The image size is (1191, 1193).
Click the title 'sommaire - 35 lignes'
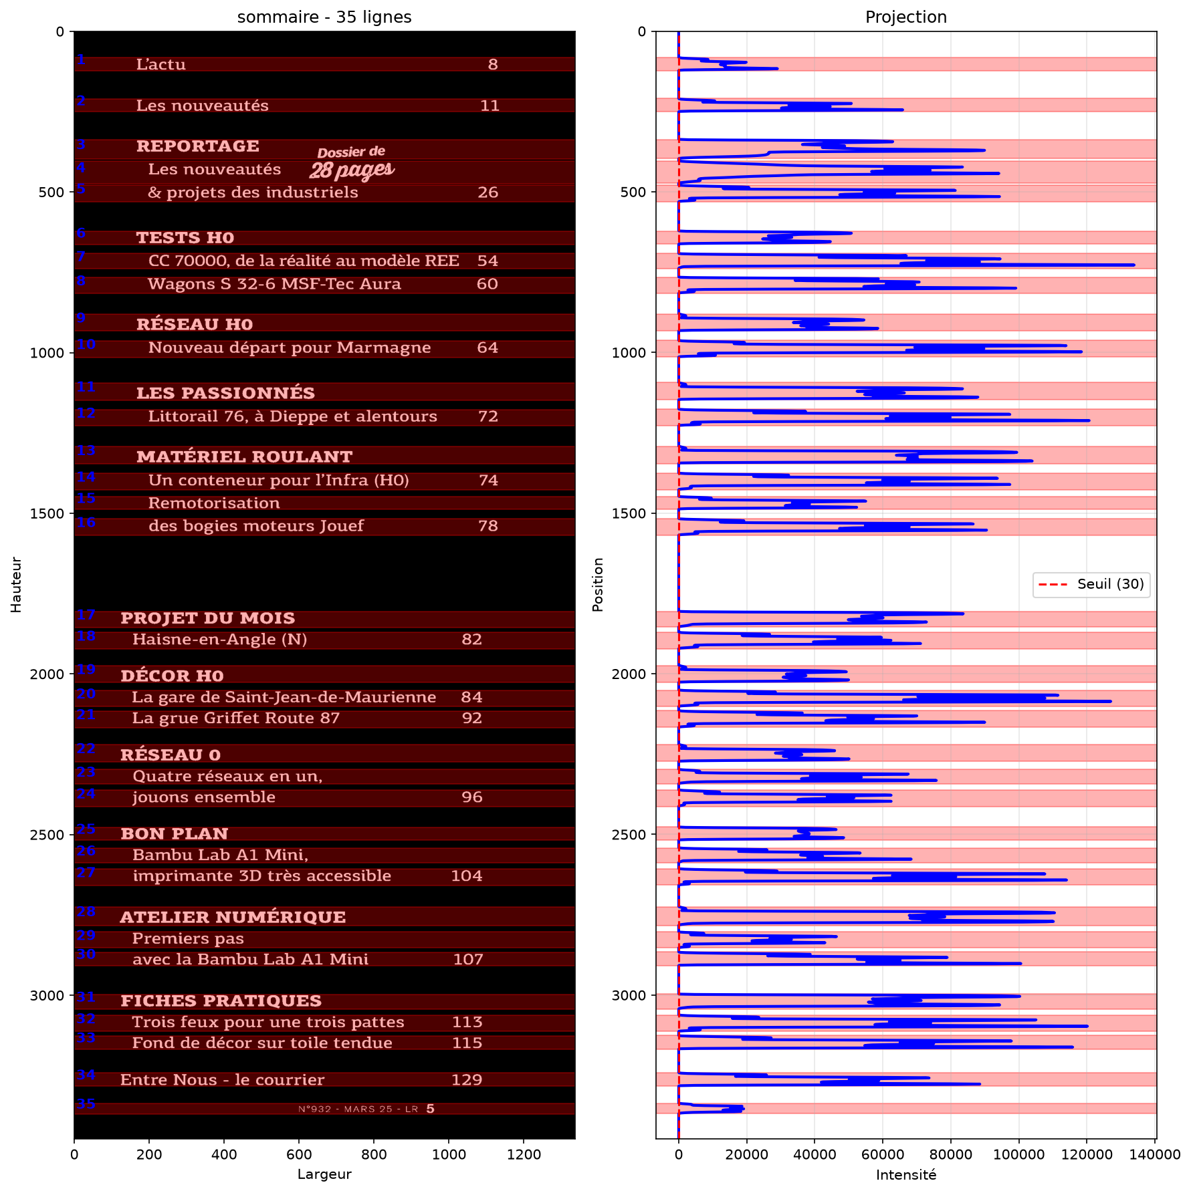[x=324, y=17]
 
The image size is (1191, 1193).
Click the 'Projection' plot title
[x=906, y=17]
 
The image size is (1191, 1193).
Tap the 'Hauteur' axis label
[x=17, y=585]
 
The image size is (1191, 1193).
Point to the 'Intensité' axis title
[x=906, y=1175]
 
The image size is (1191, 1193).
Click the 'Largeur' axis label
[x=324, y=1174]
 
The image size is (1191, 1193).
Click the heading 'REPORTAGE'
[x=198, y=146]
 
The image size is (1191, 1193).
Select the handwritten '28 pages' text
[x=352, y=170]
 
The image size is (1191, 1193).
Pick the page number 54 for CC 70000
[x=488, y=261]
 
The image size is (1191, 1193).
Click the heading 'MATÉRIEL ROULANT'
[x=244, y=456]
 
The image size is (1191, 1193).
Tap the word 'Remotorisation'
[x=214, y=503]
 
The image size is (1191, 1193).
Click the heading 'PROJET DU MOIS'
[x=207, y=618]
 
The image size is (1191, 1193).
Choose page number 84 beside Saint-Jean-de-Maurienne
[x=471, y=697]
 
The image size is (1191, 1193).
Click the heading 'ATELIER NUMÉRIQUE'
[x=233, y=917]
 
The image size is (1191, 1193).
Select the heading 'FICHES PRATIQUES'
[x=221, y=1001]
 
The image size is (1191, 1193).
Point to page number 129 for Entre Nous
[x=467, y=1079]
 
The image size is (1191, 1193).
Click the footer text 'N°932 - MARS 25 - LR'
[x=358, y=1109]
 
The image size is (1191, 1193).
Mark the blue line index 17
[x=86, y=615]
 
